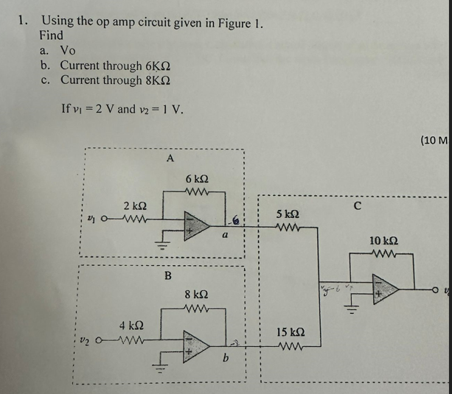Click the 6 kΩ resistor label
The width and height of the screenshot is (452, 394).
[x=197, y=179]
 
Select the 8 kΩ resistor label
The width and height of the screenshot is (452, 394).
[x=197, y=294]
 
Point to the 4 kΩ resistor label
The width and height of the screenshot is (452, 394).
[x=131, y=324]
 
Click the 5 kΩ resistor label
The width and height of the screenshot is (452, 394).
[x=288, y=214]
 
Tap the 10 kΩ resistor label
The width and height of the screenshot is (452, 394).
[x=384, y=242]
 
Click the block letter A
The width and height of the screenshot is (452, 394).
[x=170, y=158]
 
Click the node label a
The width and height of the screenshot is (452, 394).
[x=223, y=236]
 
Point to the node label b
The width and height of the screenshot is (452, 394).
[x=226, y=359]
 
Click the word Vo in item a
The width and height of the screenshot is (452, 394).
[x=67, y=50]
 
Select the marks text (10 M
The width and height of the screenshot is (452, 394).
[x=434, y=140]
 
